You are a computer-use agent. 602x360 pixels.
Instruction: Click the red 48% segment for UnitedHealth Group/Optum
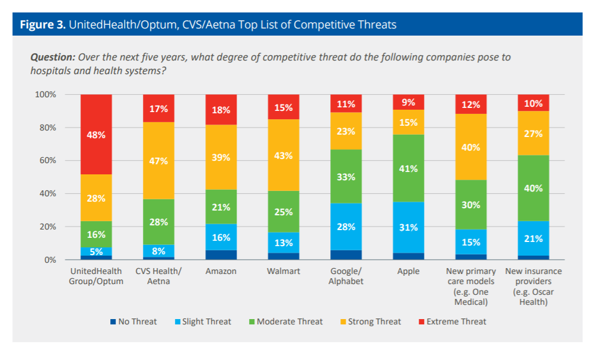pos(95,134)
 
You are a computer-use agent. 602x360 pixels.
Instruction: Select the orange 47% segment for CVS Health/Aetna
pos(158,161)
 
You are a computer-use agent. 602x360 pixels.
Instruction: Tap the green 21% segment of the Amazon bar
pos(221,206)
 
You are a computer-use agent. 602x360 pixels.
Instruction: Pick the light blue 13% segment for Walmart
pos(284,242)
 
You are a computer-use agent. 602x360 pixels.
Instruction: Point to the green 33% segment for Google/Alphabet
pos(346,176)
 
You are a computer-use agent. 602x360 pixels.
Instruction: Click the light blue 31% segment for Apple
pos(408,227)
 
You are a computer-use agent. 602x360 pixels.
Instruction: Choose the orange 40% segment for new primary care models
pos(471,147)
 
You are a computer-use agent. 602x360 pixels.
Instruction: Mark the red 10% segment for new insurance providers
pos(533,103)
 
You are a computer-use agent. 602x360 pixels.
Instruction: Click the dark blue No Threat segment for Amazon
pos(221,254)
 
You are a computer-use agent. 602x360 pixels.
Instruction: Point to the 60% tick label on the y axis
pos(46,161)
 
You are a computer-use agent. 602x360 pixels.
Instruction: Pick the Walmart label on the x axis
pos(284,271)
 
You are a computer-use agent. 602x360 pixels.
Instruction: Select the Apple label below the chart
pos(408,271)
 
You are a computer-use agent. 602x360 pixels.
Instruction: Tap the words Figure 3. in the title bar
pos(42,25)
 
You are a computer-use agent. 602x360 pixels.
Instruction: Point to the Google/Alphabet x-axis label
pos(346,276)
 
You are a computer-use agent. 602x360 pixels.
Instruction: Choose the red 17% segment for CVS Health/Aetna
pos(158,109)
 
